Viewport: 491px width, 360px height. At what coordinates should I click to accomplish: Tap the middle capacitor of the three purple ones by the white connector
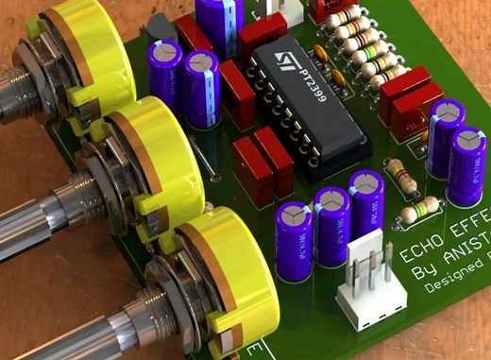331,227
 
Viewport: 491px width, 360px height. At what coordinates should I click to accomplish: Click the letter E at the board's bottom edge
254,349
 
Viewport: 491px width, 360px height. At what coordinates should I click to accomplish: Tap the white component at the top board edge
295,9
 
